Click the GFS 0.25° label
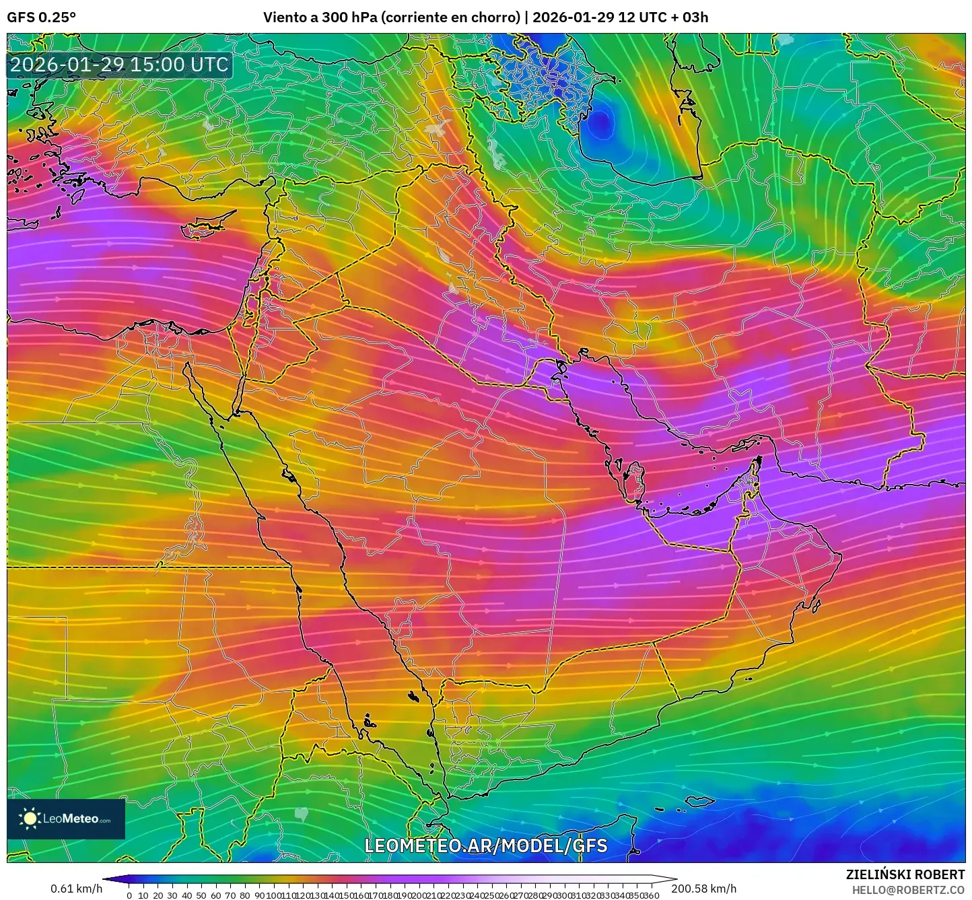(x=41, y=18)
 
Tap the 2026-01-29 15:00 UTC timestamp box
(x=119, y=65)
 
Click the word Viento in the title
(x=282, y=18)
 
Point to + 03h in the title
(x=689, y=18)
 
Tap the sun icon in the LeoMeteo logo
(x=30, y=819)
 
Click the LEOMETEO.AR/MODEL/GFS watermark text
(x=485, y=845)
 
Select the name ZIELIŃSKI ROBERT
(x=905, y=874)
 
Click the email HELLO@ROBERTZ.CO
(x=908, y=889)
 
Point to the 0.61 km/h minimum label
(x=76, y=889)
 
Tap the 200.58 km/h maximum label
(x=703, y=889)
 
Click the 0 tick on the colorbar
(x=129, y=895)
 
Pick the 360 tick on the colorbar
(x=651, y=895)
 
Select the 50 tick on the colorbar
(x=201, y=895)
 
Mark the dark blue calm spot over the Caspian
(x=601, y=122)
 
